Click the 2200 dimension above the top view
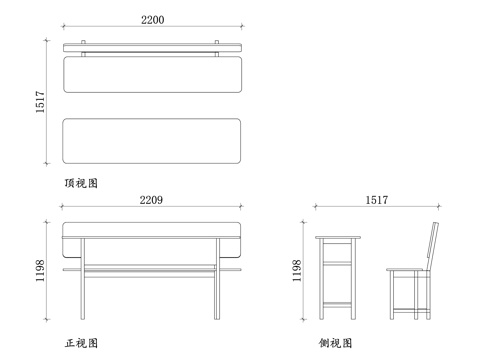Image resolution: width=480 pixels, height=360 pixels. click(152, 20)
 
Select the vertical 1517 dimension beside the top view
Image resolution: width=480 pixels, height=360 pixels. click(41, 101)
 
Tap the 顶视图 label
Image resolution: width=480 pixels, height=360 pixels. click(80, 184)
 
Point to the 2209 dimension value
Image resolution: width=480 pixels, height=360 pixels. click(152, 200)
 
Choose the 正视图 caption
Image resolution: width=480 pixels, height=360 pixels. click(80, 343)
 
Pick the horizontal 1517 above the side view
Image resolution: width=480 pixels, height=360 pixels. click(377, 200)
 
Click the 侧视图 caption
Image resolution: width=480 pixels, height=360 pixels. click(336, 343)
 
